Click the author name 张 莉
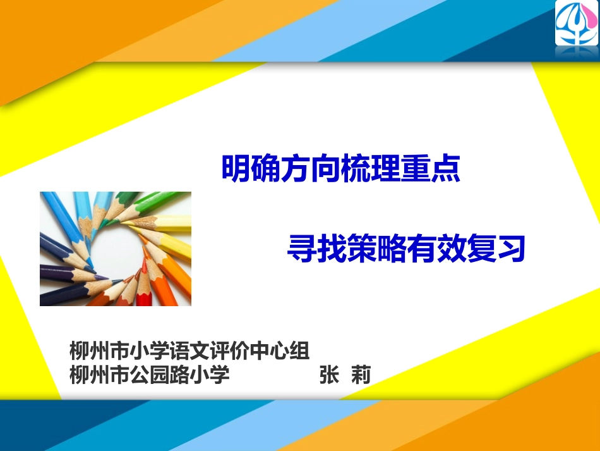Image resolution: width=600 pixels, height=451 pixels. (344, 374)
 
